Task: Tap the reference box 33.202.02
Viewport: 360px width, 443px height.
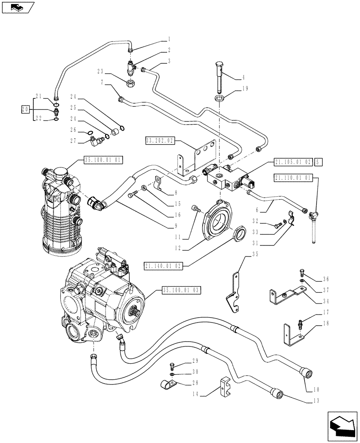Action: (x=160, y=141)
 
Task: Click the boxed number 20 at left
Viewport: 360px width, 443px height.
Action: (x=26, y=109)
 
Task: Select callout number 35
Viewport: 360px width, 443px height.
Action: (x=254, y=254)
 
